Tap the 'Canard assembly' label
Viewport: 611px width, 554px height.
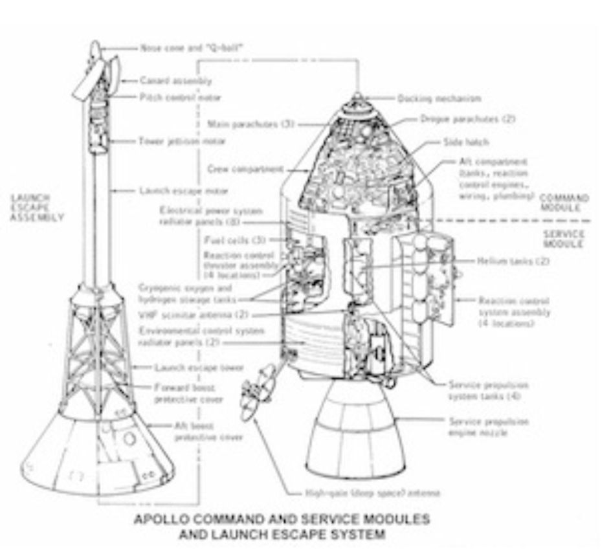175,81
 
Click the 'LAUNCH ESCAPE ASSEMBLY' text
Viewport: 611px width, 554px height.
38,207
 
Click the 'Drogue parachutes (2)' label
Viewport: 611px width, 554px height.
468,119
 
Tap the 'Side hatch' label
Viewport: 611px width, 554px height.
466,142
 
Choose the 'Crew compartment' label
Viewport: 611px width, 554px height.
245,169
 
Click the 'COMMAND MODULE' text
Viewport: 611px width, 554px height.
564,203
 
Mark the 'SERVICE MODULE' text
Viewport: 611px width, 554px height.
564,238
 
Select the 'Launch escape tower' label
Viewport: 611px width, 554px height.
190,367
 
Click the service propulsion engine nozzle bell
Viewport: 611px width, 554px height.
355,427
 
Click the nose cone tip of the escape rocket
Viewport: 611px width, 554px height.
94,47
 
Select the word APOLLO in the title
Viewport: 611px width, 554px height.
162,520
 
